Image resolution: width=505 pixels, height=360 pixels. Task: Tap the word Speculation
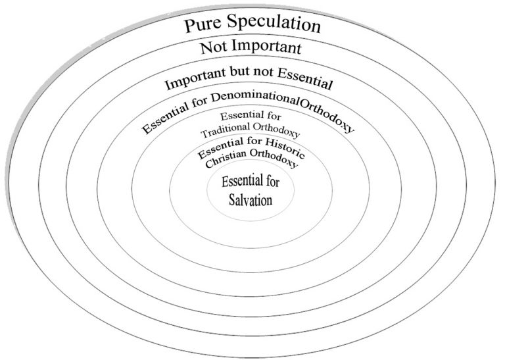tap(274, 23)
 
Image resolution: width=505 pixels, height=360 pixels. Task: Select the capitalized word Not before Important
tap(213, 47)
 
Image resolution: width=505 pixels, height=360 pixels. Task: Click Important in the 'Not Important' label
tap(266, 47)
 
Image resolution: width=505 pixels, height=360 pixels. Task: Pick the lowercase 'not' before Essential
tap(263, 71)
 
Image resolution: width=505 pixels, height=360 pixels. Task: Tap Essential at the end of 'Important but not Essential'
tap(304, 78)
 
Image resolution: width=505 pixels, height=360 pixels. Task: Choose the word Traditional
tap(225, 130)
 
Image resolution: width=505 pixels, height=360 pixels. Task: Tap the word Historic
tap(285, 147)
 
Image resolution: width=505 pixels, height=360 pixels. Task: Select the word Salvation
tap(251, 200)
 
